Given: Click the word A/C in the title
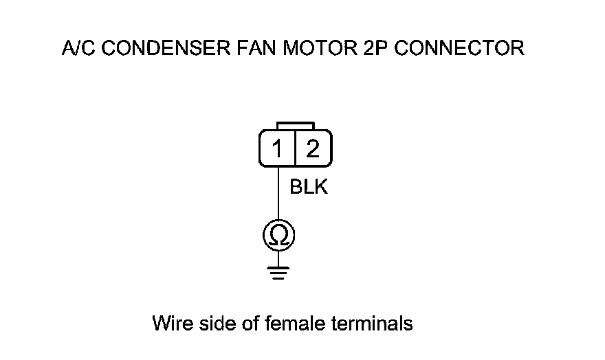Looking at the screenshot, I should (x=77, y=49).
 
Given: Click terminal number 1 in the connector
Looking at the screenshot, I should (x=278, y=148).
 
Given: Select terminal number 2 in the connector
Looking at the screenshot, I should (x=313, y=148).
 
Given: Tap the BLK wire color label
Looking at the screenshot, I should (x=309, y=187).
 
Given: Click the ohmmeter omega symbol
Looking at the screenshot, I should (x=278, y=236).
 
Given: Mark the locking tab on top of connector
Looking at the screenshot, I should (x=295, y=126).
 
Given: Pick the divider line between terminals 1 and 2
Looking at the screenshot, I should (x=295, y=148).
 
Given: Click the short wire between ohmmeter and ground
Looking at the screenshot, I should (x=278, y=257).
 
